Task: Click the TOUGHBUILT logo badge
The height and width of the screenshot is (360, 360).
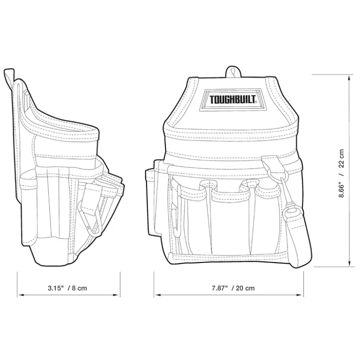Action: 232,99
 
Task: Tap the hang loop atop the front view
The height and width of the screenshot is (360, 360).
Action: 232,72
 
